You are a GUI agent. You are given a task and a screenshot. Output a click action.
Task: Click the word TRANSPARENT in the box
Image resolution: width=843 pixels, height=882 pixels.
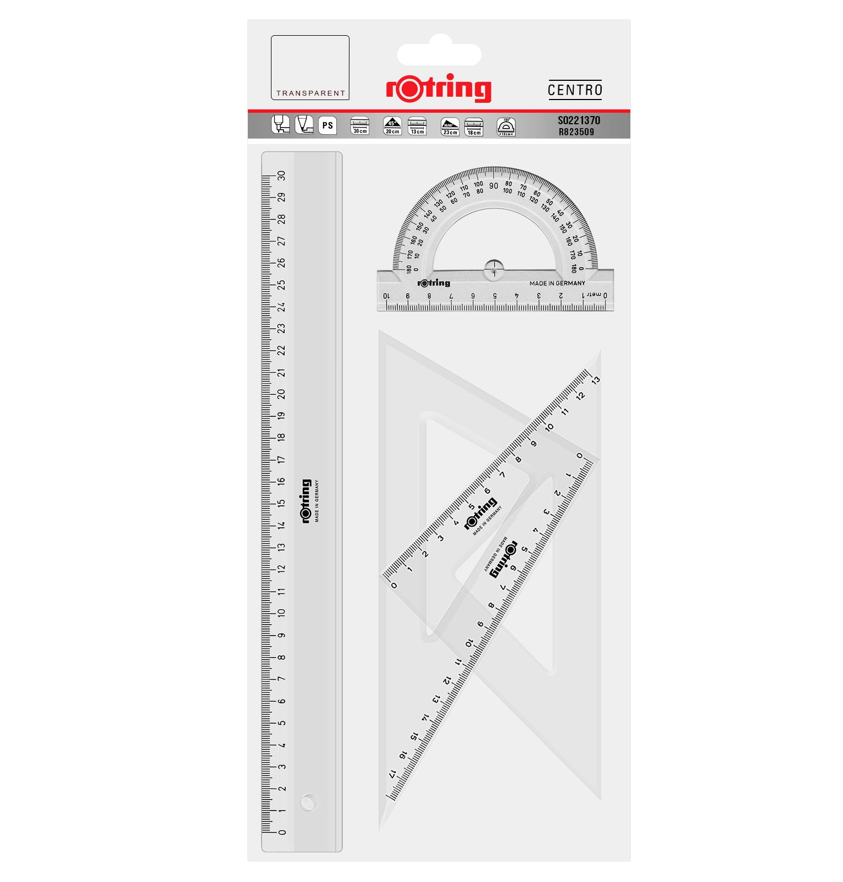[310, 93]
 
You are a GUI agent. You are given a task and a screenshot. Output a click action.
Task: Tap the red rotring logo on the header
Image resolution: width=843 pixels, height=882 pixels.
[439, 88]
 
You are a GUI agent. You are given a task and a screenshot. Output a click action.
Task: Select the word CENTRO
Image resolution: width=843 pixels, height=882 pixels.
[575, 90]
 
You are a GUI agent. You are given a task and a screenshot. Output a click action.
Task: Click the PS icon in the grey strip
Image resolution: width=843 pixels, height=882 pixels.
[328, 126]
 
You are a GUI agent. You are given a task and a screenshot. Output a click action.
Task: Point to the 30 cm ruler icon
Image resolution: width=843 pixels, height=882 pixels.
[359, 126]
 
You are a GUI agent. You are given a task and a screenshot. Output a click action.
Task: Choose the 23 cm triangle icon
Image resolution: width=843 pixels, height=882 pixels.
[450, 126]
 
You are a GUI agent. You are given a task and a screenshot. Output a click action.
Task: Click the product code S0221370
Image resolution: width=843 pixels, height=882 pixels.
[579, 120]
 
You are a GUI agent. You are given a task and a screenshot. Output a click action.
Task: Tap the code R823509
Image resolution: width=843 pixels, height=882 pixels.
[576, 132]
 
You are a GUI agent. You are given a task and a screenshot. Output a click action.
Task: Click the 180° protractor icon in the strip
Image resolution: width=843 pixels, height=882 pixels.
[506, 126]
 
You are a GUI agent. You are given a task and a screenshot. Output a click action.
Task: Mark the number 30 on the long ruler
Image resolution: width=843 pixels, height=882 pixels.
[281, 175]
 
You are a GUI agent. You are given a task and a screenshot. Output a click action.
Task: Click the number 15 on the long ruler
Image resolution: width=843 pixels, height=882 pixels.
[281, 503]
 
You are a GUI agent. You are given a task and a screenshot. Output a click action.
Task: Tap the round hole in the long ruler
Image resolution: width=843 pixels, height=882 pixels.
[309, 802]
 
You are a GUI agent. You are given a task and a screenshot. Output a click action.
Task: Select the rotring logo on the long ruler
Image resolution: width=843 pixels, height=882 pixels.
[305, 501]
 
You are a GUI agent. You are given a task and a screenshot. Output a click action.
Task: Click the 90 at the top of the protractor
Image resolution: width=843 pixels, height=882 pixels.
[493, 186]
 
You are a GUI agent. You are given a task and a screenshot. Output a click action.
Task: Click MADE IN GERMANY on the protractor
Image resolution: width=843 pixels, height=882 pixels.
[557, 284]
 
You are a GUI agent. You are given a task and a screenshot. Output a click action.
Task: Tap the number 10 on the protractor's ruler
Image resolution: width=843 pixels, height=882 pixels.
[386, 296]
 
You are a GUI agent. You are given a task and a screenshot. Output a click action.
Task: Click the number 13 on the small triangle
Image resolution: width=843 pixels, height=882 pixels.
[596, 380]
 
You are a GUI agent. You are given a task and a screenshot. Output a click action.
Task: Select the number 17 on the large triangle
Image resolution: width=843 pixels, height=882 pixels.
[392, 774]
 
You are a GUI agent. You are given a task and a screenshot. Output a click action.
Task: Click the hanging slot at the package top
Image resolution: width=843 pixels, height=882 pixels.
[439, 54]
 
